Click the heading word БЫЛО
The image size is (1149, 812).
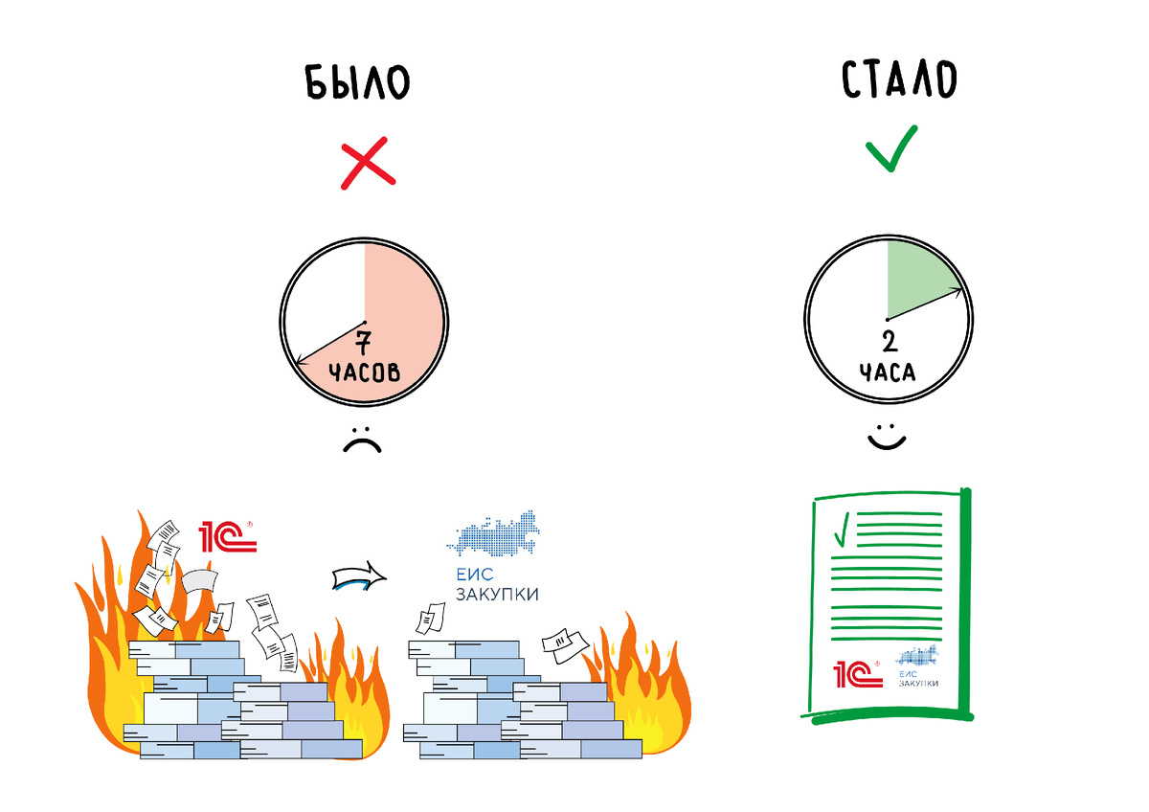point(356,83)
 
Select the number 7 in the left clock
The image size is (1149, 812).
point(364,342)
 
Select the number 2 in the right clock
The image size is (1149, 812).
point(888,343)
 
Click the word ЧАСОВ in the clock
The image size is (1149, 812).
point(364,372)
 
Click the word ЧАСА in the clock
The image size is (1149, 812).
point(888,372)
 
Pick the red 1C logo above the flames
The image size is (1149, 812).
point(228,538)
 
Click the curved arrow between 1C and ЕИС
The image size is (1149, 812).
point(358,576)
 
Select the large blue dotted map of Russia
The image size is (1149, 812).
point(493,535)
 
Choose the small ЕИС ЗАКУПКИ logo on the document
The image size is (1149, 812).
point(917,667)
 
